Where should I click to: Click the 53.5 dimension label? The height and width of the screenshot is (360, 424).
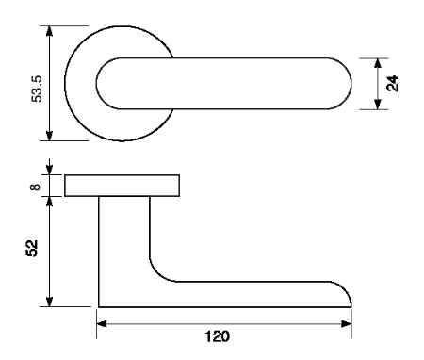click(37, 89)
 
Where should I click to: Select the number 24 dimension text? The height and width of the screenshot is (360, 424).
click(392, 84)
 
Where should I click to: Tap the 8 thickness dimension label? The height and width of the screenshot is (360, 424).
click(35, 187)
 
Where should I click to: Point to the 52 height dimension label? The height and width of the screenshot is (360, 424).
click(32, 248)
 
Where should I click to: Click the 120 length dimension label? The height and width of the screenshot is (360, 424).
click(218, 336)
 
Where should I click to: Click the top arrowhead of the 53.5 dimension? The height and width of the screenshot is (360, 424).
click(49, 32)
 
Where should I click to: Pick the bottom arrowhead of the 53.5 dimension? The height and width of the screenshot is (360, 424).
click(49, 135)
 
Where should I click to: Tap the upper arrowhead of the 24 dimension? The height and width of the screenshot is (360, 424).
click(378, 63)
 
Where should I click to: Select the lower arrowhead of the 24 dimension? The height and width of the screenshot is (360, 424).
click(378, 104)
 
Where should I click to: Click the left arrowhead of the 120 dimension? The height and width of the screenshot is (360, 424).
click(102, 324)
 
